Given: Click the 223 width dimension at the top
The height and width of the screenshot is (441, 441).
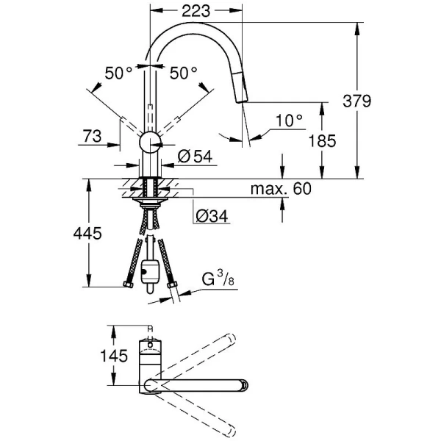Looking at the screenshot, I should pos(195,10).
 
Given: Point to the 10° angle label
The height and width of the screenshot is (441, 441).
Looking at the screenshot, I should pos(289,120).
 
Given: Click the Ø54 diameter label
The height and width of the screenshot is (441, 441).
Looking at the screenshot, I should pos(195,156).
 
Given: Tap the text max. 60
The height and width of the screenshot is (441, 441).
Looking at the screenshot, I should pos(281,189).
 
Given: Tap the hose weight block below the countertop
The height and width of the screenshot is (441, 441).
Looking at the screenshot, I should pos(151,273).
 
